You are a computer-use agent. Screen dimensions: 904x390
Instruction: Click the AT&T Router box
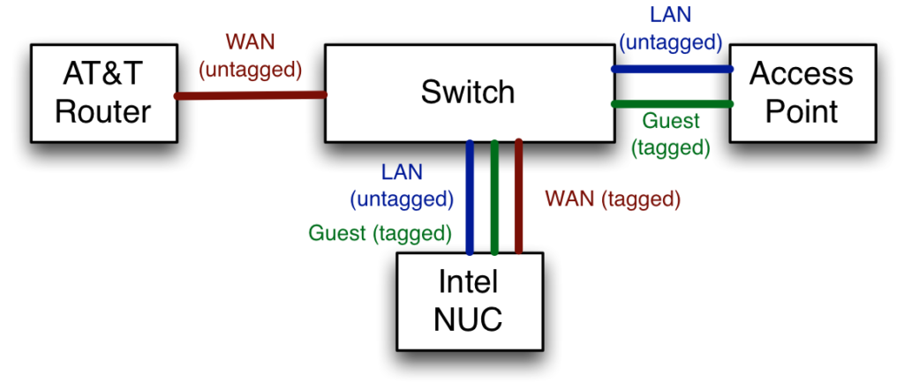(x=103, y=93)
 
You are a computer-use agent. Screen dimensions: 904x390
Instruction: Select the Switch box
(x=469, y=93)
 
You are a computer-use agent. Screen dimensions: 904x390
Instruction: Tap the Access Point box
(x=802, y=93)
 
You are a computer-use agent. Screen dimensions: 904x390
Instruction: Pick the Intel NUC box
(x=470, y=301)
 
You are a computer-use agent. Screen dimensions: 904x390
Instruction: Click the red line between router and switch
(x=251, y=95)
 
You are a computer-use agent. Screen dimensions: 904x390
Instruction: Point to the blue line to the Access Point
(x=672, y=69)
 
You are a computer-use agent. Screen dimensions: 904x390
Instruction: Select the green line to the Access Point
(x=672, y=104)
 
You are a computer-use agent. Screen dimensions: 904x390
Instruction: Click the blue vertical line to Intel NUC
(x=470, y=197)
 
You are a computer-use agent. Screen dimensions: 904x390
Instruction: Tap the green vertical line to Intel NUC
(x=494, y=197)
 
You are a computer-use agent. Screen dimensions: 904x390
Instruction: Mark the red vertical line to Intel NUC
(x=518, y=197)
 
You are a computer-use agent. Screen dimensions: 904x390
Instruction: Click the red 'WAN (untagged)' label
(x=250, y=56)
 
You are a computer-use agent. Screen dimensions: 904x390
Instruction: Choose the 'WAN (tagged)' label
(x=614, y=199)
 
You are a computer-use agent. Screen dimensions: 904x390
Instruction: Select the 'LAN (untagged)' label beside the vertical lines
(x=402, y=185)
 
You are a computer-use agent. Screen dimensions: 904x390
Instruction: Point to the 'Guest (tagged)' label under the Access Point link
(x=671, y=134)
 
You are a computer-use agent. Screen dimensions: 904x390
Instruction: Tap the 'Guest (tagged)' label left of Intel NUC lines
(x=380, y=233)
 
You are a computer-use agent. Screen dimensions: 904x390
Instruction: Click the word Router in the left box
(x=103, y=112)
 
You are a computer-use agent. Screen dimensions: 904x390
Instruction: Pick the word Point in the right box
(x=802, y=112)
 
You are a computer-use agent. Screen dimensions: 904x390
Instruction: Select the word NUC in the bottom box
(x=469, y=320)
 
